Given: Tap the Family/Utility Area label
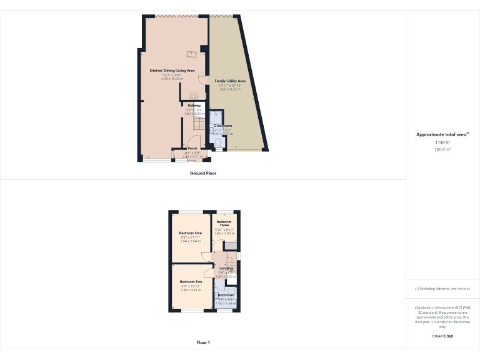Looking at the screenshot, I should coord(230,81).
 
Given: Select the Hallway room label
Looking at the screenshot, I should coord(194,106).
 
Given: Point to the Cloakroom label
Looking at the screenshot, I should coord(222,126).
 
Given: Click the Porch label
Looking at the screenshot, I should coord(192,148).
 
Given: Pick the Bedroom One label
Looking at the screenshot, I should coord(190,232).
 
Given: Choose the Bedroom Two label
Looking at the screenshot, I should coord(190,282).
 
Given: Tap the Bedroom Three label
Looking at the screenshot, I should coord(224,224).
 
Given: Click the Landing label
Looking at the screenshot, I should coord(226,268).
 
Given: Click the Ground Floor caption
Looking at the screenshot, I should coord(202,173).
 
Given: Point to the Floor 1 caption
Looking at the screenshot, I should coord(202,342).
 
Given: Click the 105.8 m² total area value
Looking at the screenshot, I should coord(442,149).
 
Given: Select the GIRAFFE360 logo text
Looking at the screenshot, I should coord(442,336).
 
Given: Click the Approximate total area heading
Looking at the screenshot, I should coord(442,134).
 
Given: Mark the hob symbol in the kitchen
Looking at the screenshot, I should coord(194,96).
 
